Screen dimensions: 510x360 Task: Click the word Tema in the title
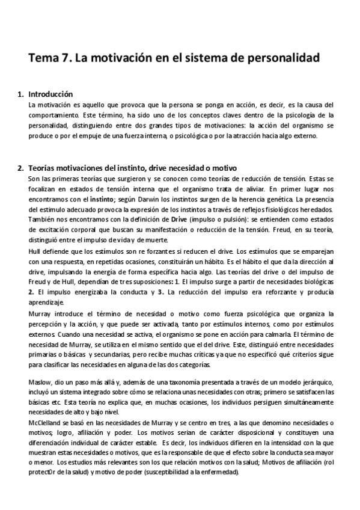(x=44, y=58)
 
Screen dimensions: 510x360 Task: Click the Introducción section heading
(x=50, y=94)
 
